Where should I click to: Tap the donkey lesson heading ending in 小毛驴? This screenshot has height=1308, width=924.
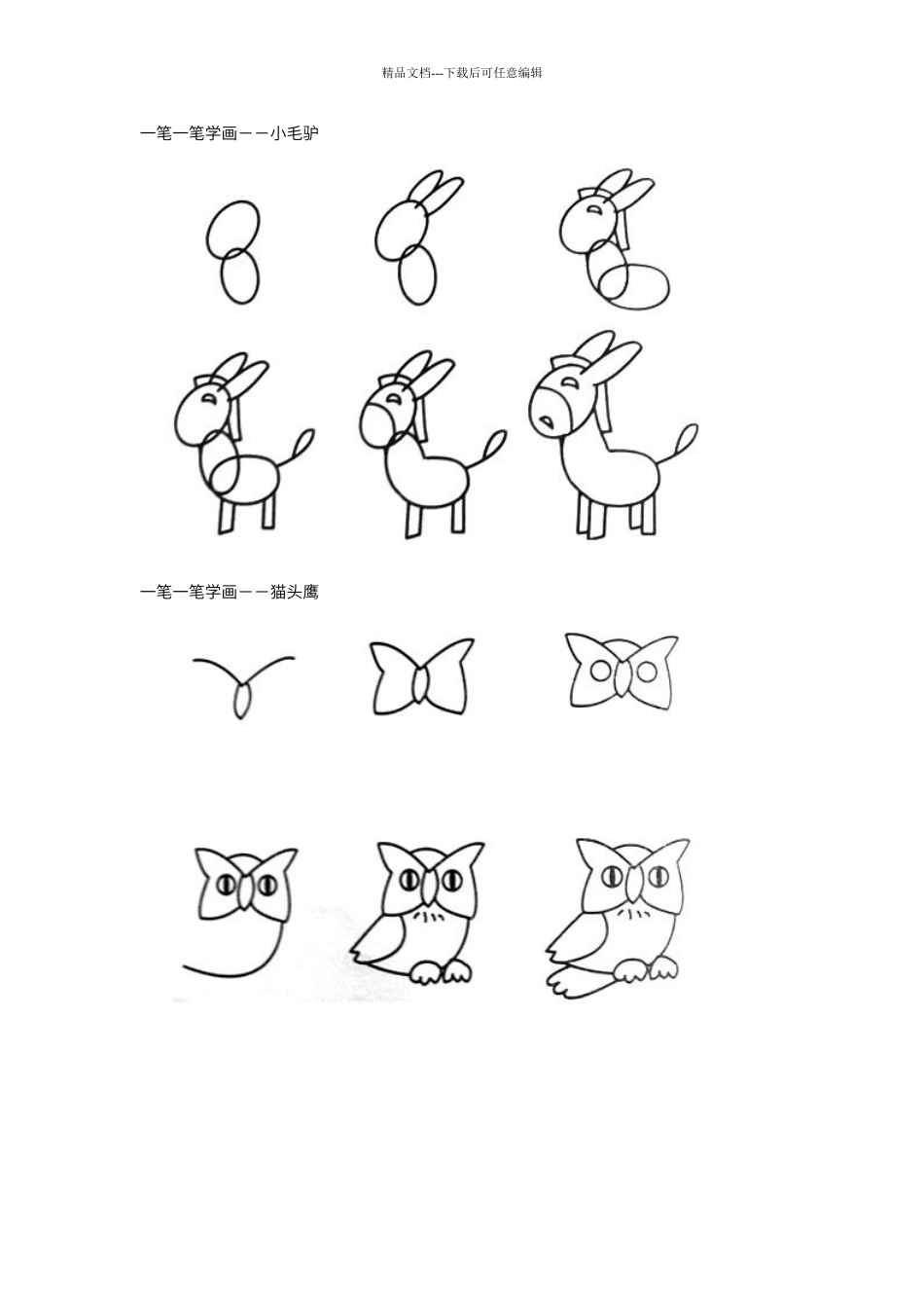pos(230,133)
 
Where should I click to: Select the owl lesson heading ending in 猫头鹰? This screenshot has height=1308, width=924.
pos(230,592)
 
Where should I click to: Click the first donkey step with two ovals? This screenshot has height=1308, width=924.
pos(232,252)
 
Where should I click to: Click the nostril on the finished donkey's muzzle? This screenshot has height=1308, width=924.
pos(547,420)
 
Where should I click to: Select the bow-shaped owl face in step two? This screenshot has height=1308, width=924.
pos(421,676)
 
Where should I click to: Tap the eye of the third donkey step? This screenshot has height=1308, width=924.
pos(594,208)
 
